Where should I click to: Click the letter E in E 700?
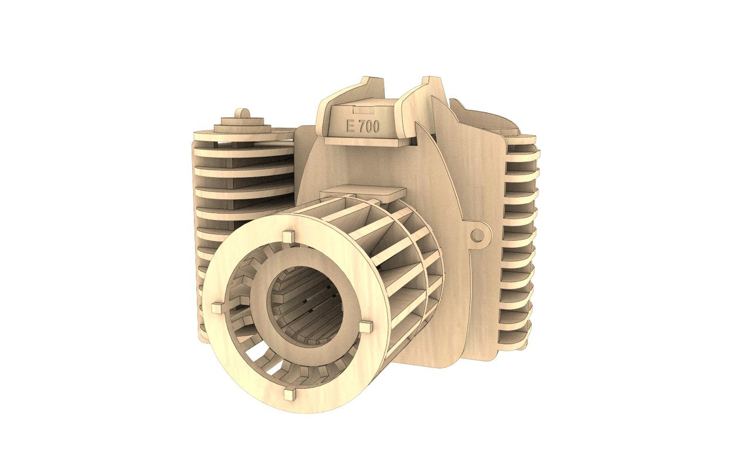(x=351, y=126)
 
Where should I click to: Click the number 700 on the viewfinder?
(x=368, y=126)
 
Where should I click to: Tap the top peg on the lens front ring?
(x=287, y=237)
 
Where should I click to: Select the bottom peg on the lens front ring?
(x=289, y=394)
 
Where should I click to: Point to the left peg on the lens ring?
(x=217, y=307)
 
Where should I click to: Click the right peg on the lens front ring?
(x=365, y=327)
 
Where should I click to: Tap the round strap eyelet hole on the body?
(x=478, y=235)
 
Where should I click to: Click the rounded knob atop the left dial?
(x=241, y=113)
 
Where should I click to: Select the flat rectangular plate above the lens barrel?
(x=363, y=192)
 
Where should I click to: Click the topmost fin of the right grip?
(x=522, y=140)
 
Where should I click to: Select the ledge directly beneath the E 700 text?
(x=364, y=141)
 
